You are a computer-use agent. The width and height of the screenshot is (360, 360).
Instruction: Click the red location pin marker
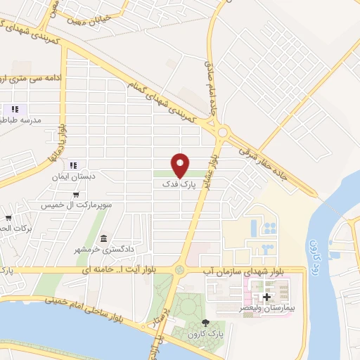pyautogui.click(x=181, y=164)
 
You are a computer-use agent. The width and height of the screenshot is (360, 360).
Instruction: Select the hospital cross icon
pyautogui.click(x=267, y=297)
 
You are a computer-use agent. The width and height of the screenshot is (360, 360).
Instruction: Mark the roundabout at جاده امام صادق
pyautogui.click(x=224, y=131)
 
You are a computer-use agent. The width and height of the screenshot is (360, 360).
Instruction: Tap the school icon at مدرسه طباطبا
pyautogui.click(x=15, y=110)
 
